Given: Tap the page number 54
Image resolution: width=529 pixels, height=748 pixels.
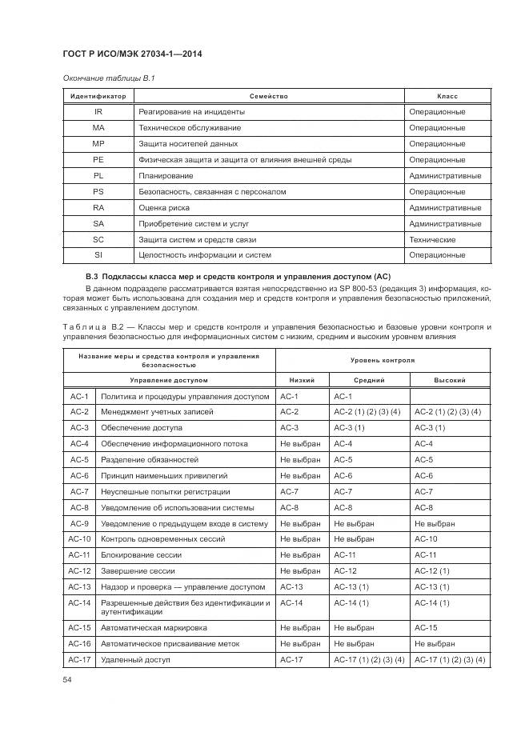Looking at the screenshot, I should click(67, 679).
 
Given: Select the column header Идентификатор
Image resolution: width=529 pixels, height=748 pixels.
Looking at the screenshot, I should click(98, 96).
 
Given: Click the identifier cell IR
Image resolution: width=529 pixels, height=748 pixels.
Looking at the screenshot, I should click(98, 112).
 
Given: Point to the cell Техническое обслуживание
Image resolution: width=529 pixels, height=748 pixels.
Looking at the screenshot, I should click(190, 128).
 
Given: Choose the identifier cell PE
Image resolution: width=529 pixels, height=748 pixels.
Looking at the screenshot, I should click(98, 160).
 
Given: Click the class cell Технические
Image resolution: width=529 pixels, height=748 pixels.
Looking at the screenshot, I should click(432, 239).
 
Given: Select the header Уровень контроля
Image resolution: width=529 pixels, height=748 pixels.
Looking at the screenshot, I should click(383, 361).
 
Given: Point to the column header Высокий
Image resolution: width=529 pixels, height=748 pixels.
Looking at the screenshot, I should click(450, 381).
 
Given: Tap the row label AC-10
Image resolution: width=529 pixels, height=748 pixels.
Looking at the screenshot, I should click(79, 539).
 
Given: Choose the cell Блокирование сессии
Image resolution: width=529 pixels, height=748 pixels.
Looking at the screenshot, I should click(141, 555).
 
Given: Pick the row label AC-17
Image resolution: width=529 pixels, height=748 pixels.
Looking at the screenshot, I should click(79, 660).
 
